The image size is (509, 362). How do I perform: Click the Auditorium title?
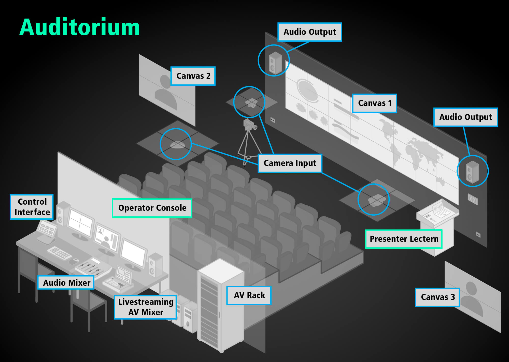pyautogui.click(x=79, y=27)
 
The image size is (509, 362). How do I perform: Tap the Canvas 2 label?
pyautogui.click(x=193, y=76)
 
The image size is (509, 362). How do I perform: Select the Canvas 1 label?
pyautogui.click(x=375, y=103)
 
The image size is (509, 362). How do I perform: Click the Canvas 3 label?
pyautogui.click(x=437, y=297)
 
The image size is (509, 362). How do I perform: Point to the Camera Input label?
pyautogui.click(x=290, y=163)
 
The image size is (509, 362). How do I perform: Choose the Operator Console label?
pyautogui.click(x=152, y=208)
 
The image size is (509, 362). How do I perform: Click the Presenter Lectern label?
pyautogui.click(x=404, y=239)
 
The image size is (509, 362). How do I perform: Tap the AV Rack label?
pyautogui.click(x=249, y=295)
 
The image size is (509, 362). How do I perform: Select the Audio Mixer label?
pyautogui.click(x=66, y=283)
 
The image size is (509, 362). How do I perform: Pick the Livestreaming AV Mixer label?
pyautogui.click(x=146, y=307)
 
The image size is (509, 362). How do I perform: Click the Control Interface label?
pyautogui.click(x=32, y=207)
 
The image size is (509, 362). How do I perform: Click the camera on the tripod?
pyautogui.click(x=249, y=125)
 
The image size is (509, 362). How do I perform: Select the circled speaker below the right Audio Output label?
pyautogui.click(x=472, y=172)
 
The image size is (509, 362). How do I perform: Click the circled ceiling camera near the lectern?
pyautogui.click(x=374, y=200)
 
